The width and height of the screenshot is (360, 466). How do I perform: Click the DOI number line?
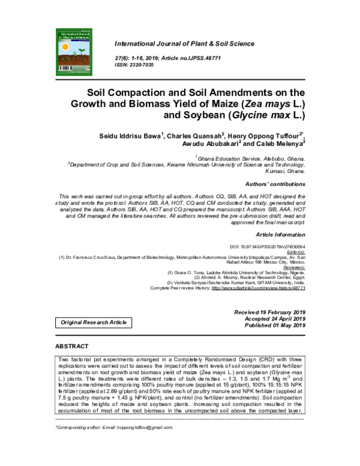268,247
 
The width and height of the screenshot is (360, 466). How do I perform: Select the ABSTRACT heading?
72,346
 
